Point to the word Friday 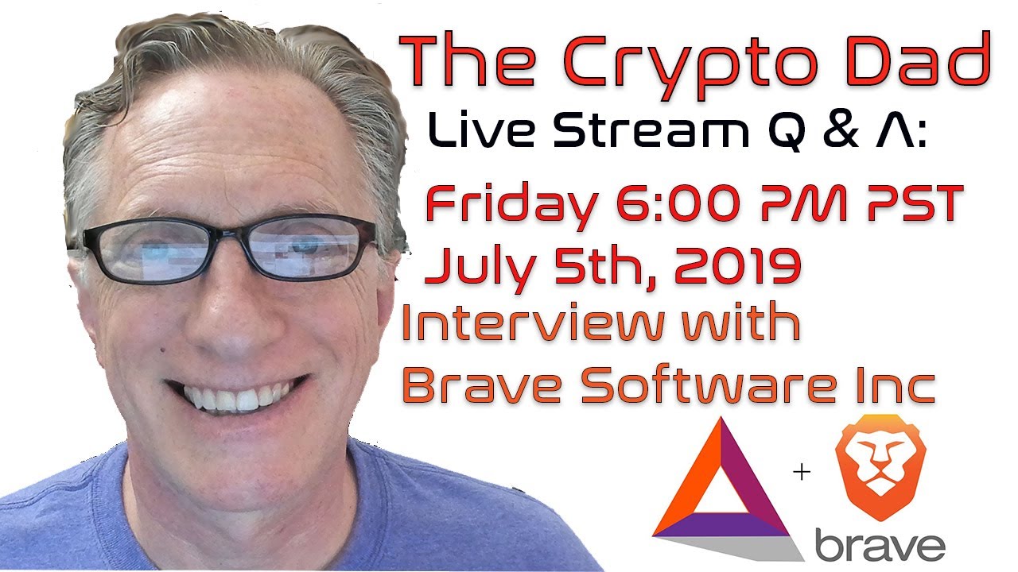510,205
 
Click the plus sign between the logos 801,473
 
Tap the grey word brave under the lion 880,546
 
